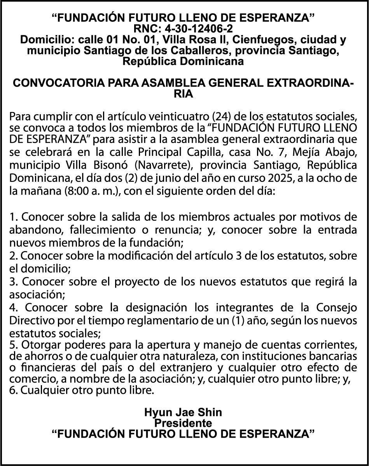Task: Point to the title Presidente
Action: [183, 422]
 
